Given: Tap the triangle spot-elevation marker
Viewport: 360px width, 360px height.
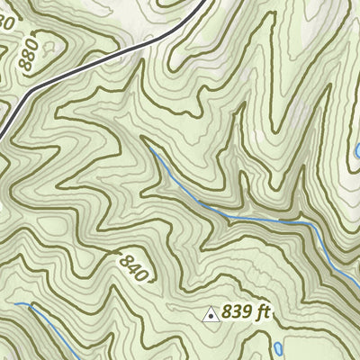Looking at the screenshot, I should pos(211,314).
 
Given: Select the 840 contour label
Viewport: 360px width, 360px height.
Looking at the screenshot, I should pos(133,267).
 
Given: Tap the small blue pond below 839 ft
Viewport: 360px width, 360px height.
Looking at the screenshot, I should pos(277,346).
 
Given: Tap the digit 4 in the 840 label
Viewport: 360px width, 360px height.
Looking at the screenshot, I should pos(133,267).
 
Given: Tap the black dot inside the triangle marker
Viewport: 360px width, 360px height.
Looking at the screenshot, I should pos(211,316).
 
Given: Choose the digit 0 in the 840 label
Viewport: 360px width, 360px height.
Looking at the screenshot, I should pos(142,274).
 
